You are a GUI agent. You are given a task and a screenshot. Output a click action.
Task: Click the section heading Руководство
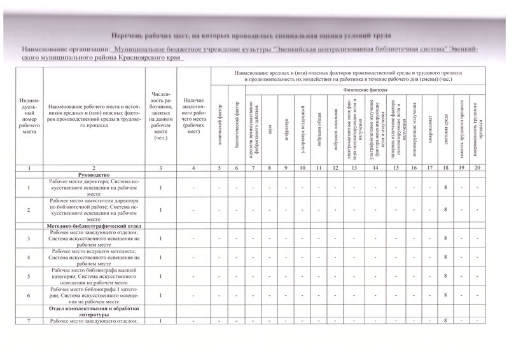click(x=94, y=174)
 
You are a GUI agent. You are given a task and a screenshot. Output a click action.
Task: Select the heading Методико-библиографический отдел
click(x=94, y=226)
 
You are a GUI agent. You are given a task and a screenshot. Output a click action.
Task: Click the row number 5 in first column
click(x=28, y=277)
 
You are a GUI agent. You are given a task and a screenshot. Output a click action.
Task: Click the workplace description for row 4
click(x=94, y=257)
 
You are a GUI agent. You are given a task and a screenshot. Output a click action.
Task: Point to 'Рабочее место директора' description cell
click(x=94, y=188)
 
